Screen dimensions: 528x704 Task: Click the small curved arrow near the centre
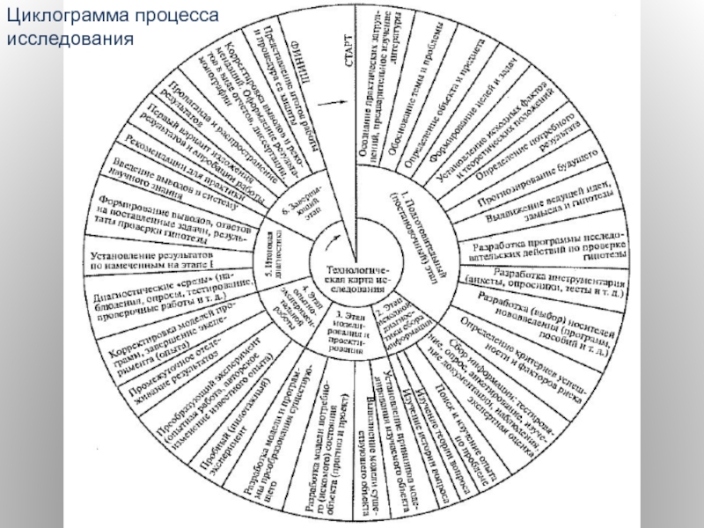332,233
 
